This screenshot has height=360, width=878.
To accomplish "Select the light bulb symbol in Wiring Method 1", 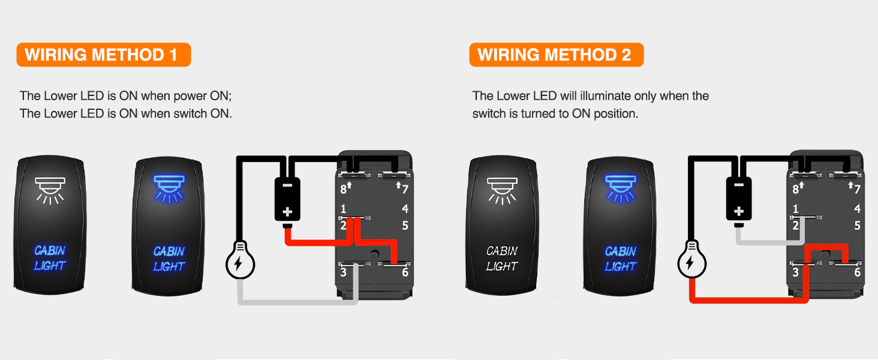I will [x=240, y=262].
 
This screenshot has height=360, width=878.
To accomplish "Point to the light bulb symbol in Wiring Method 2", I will [x=692, y=262].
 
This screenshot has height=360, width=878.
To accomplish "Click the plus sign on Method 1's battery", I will [x=287, y=211].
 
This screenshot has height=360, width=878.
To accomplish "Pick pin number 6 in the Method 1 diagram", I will [x=405, y=272].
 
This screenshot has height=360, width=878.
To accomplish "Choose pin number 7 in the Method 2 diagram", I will [x=856, y=190].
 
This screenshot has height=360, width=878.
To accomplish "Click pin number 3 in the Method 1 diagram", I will [x=344, y=272].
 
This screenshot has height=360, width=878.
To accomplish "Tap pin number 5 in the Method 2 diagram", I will [x=857, y=226].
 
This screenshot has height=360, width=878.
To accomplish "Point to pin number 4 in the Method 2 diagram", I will [x=857, y=209].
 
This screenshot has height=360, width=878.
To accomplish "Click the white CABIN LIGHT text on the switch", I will [x=502, y=258].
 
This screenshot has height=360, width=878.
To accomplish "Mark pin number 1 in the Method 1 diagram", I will [x=344, y=209].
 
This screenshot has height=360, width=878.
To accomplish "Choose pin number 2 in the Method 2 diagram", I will [x=796, y=226].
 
